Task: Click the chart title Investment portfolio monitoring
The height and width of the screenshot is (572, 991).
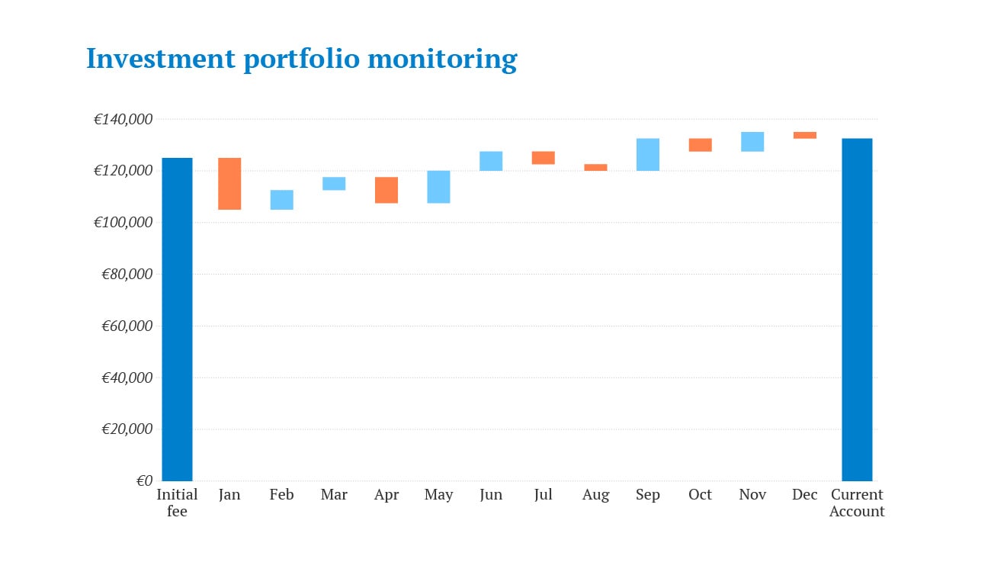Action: pos(301,58)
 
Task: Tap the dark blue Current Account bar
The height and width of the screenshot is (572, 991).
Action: pos(857,309)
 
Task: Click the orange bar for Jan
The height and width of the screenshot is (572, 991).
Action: pos(229,183)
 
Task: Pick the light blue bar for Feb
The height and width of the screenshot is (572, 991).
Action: pos(282,199)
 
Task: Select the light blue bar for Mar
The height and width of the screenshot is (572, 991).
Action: pos(334,183)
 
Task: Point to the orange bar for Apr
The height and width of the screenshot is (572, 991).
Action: pos(386,190)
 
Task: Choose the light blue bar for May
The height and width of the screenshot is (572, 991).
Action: pos(438,187)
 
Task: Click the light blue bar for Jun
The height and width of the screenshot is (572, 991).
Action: pos(491,161)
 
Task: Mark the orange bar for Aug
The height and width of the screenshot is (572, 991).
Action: pos(595,167)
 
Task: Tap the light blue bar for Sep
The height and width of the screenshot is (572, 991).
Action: pos(648,154)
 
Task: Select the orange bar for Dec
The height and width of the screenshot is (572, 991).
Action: pos(805,135)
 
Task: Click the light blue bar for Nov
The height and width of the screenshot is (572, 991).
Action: pos(752,141)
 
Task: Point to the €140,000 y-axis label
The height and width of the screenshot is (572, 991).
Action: pos(123,119)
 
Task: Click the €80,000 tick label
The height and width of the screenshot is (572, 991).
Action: pos(127,274)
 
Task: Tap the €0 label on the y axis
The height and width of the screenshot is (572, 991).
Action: pos(143,480)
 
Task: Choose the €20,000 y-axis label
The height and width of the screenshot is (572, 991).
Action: pos(127,429)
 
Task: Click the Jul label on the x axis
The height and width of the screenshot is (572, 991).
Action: pos(543,495)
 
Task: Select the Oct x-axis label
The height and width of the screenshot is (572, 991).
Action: pos(700,495)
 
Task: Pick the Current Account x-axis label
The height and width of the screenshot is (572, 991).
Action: pos(857,503)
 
